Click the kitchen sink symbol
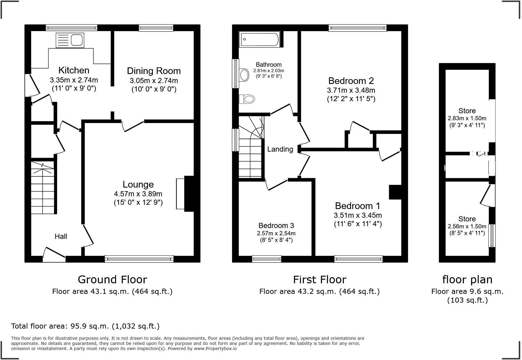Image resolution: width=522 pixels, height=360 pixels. tap(70, 40)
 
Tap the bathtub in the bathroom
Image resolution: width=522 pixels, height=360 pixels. tap(259, 40)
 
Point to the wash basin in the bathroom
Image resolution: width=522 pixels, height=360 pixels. tap(243, 75)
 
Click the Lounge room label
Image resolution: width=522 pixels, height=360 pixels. tap(138, 185)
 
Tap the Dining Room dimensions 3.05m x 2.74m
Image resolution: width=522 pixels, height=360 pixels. tap(154, 81)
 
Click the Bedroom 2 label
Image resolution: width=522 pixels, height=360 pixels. tap(351, 81)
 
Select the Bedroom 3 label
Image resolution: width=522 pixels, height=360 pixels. tap(276, 226)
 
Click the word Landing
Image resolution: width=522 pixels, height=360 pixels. tap(280, 149)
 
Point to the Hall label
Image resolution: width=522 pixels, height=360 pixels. tap(61, 236)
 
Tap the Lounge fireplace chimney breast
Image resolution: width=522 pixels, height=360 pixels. tap(190, 194)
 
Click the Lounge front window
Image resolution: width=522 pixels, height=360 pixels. tap(139, 259)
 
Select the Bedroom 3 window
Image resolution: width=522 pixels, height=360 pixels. tap(266, 259)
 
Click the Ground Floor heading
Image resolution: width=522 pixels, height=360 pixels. tap(112, 279)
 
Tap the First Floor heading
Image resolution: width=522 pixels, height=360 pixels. tap(320, 279)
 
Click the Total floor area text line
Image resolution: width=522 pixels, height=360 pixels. tap(85, 326)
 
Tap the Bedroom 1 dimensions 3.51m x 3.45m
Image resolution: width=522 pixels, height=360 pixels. tap(358, 215)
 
